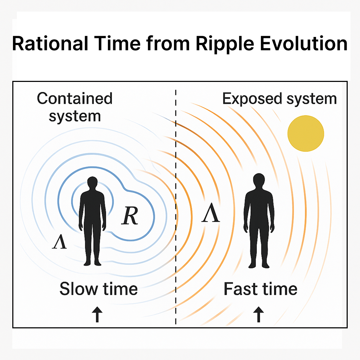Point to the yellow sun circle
point(306,134)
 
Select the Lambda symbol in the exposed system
point(211,214)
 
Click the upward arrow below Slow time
point(97,314)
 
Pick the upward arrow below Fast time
point(258,314)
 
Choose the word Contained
point(75,99)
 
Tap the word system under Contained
point(75,116)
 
